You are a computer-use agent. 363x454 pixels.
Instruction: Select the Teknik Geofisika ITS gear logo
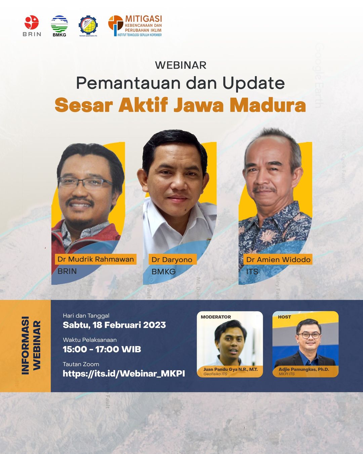[88, 25]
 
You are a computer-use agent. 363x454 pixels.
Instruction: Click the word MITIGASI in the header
[144, 19]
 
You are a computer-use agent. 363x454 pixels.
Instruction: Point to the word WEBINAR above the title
[181, 65]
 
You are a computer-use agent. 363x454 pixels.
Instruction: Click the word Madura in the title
[268, 105]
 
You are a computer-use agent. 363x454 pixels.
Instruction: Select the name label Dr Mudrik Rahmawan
[95, 259]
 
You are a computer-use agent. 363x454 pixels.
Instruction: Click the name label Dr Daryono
[172, 259]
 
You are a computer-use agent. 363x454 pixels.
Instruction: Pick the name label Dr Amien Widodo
[278, 259]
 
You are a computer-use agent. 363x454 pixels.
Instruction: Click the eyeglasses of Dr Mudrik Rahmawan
[85, 183]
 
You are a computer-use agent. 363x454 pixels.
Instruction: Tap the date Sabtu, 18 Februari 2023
[114, 325]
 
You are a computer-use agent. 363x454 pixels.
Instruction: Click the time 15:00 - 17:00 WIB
[102, 349]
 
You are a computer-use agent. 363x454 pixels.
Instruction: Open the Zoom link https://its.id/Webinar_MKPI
[124, 373]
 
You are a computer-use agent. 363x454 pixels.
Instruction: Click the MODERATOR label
[216, 317]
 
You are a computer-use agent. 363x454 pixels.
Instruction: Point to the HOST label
[284, 317]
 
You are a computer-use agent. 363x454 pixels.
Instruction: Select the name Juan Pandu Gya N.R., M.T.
[231, 369]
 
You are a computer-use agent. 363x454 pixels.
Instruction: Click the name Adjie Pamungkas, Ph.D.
[304, 369]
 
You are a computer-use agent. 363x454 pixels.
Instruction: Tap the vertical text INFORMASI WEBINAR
[31, 345]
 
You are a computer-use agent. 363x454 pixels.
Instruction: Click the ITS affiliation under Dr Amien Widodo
[252, 272]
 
